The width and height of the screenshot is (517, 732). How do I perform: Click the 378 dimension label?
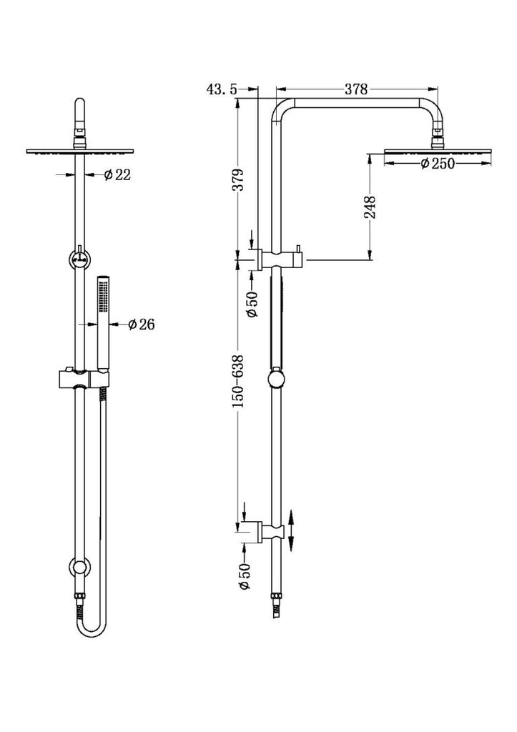356,89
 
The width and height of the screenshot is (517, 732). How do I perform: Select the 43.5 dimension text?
222,89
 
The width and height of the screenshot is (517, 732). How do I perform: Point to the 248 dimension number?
370,207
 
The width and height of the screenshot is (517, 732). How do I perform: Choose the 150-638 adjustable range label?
238,381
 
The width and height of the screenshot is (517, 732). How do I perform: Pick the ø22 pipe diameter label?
117,175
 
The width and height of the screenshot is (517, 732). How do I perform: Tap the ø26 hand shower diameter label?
141,324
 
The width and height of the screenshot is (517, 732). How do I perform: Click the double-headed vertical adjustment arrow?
290,531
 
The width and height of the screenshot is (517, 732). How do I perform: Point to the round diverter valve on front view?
80,258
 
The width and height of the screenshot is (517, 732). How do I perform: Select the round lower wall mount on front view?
80,567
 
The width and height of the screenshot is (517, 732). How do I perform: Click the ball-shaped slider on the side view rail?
277,380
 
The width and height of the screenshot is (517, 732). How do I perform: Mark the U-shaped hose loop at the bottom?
91,623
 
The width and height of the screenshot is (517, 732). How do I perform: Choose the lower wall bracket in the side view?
270,531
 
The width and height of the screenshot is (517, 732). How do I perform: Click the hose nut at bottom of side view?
277,597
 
